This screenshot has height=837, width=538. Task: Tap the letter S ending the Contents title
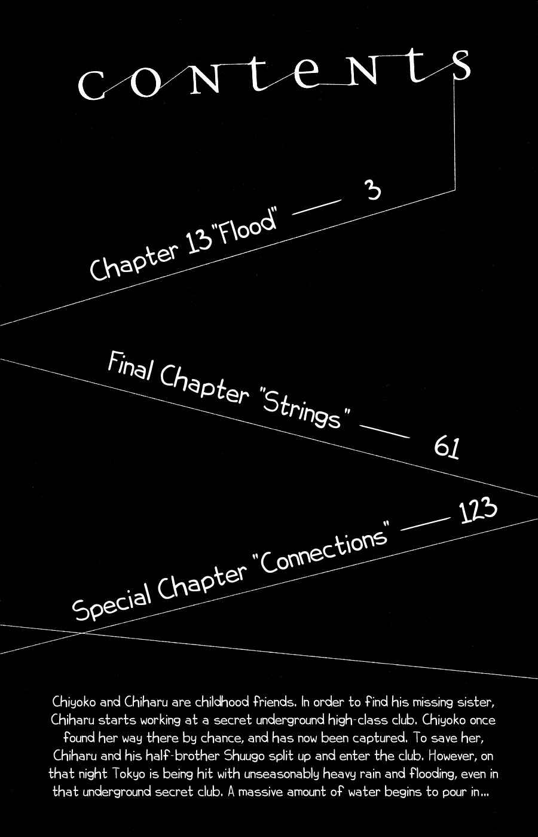[x=461, y=65]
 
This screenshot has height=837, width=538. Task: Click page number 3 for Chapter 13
[x=373, y=190]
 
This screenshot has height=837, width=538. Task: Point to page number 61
[x=447, y=447]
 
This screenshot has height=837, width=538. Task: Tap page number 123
[x=479, y=511]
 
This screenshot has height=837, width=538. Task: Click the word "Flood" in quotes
[x=246, y=225]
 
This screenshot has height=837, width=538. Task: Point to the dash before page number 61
[x=384, y=431]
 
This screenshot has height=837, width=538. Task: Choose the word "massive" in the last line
[x=260, y=791]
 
